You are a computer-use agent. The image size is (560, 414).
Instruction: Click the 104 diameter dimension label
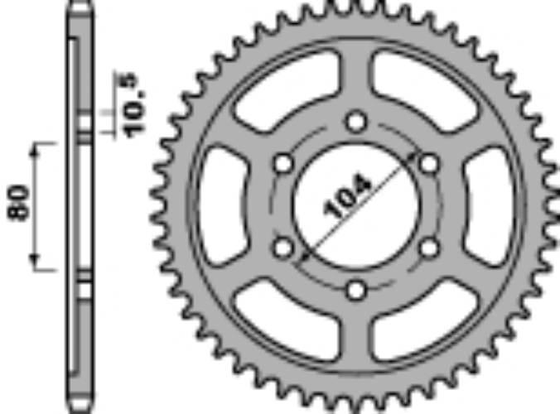coord(349,198)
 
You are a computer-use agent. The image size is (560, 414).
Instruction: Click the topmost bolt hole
coord(356,123)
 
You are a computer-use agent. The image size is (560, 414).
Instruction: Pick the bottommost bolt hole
coord(356,290)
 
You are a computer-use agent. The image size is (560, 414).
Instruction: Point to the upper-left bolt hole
coord(283,164)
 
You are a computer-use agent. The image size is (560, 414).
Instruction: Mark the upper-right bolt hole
coord(428,164)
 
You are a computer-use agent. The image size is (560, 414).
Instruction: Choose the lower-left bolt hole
coord(283,247)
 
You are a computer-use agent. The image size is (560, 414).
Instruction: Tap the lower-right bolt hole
coord(428,247)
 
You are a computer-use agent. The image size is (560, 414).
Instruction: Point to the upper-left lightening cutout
coord(286,88)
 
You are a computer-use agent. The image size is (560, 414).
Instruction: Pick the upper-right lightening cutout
coord(425,88)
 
